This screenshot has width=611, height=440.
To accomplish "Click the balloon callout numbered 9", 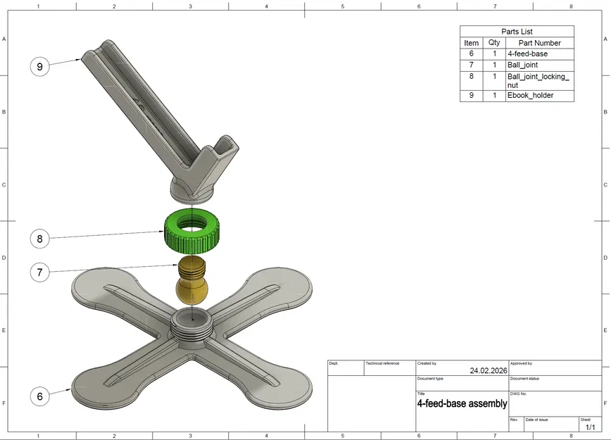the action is coord(39,66).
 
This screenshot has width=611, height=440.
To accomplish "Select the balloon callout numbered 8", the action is coord(39,239).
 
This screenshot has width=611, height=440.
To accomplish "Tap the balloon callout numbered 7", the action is coord(39,272).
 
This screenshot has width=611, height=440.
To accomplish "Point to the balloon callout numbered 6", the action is coord(39,396).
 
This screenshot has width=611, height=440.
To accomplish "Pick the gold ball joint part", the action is coord(192,280).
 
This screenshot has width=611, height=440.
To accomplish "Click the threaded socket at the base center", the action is coord(192,327).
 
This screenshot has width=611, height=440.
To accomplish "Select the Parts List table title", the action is coord(517,32).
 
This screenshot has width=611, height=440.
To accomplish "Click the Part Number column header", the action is coord(539,43).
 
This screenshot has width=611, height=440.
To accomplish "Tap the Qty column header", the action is coord(494,42).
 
